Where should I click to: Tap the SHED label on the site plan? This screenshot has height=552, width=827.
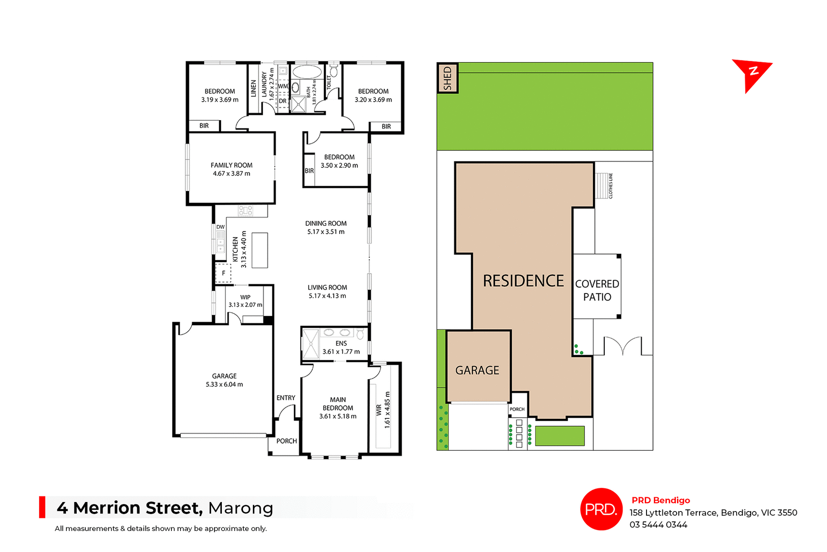448,78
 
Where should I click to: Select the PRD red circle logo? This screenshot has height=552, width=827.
601,509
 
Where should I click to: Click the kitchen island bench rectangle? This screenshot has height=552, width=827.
260,250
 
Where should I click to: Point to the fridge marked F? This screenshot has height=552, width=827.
223,273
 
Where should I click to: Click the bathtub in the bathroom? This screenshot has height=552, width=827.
307,72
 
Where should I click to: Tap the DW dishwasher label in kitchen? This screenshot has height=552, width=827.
220,227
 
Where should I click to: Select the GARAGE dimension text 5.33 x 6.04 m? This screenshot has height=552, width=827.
224,384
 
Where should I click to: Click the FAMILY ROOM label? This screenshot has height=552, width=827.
231,165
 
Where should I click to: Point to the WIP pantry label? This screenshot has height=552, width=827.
245,297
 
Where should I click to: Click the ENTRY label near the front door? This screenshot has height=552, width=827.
286,398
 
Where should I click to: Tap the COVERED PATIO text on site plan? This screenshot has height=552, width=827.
597,290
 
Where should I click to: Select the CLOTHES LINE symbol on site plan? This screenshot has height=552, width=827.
602,186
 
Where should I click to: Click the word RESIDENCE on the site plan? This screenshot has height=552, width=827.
523,281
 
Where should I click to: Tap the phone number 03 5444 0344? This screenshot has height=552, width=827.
658,524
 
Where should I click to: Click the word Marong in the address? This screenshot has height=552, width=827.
240,508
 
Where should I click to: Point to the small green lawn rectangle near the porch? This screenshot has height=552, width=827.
560,436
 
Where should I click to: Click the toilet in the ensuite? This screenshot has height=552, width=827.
360,334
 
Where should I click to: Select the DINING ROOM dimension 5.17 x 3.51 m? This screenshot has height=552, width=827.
326,232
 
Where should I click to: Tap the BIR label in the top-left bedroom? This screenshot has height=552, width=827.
204,126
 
